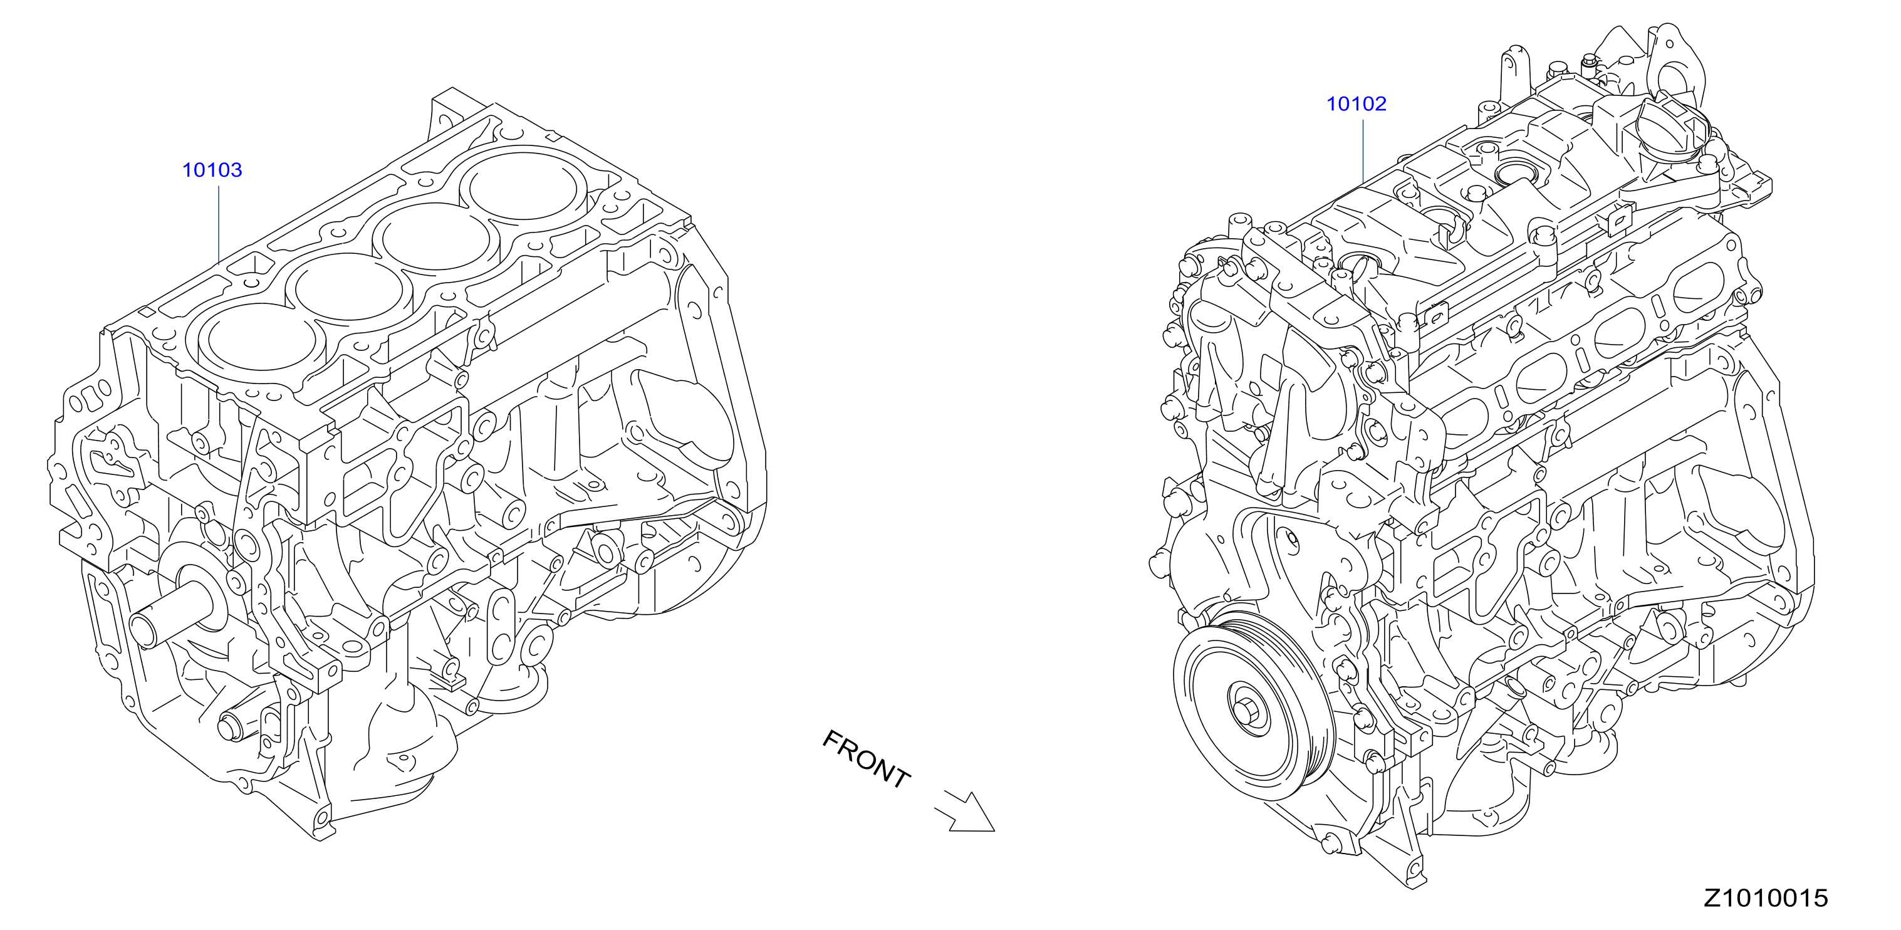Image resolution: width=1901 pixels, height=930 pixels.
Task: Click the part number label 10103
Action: pos(212,170)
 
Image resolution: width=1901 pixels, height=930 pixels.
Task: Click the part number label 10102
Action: pos(1357,104)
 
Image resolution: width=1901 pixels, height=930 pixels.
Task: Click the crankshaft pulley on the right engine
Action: pos(1254,706)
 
